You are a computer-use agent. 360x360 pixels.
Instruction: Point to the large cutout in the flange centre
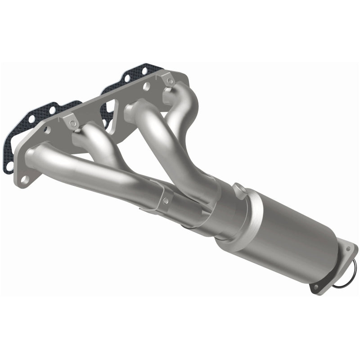tap(110, 110)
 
